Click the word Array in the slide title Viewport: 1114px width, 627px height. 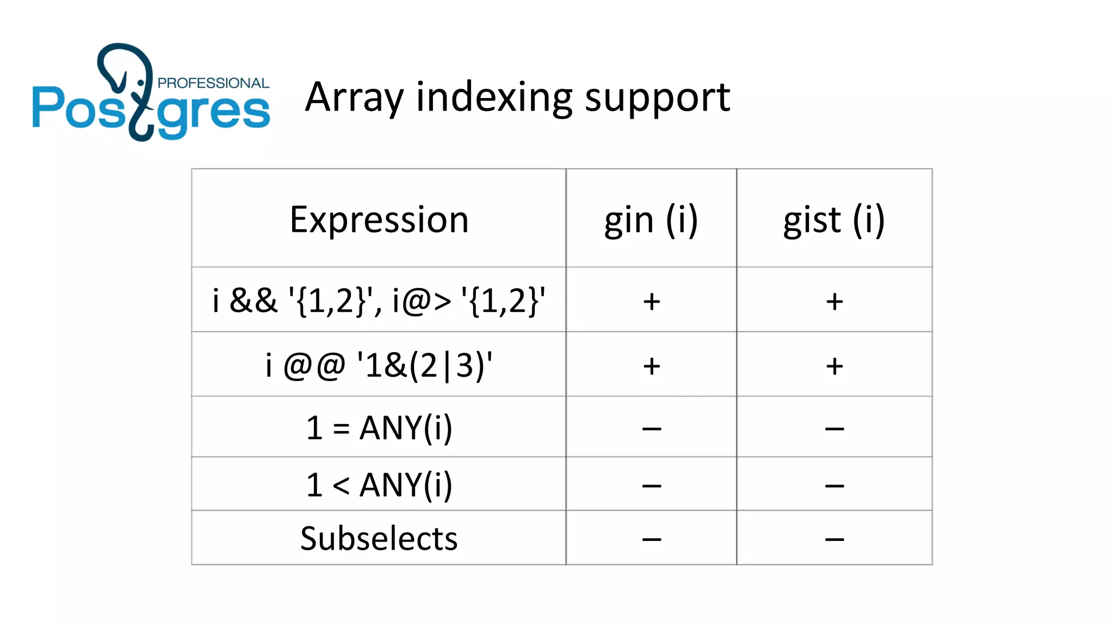[354, 98]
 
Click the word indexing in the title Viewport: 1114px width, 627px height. [493, 98]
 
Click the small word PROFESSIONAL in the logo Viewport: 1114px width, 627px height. [213, 83]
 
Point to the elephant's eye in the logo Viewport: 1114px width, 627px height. [141, 83]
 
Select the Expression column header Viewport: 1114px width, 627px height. [379, 219]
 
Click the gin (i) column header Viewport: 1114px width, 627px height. [651, 220]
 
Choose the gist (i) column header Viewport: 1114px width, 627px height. [834, 220]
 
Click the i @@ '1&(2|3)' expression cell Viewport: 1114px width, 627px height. [379, 365]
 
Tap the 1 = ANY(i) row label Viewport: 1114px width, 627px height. [379, 428]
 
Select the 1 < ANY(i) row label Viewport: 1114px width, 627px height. [379, 484]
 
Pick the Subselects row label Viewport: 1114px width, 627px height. [379, 539]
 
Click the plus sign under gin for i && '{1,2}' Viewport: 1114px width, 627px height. [652, 302]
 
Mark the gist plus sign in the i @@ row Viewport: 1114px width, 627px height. [834, 366]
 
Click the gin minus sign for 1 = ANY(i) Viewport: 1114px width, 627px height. [652, 429]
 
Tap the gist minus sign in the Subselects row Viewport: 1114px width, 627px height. [834, 539]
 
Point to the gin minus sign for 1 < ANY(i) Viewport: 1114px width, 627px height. [652, 485]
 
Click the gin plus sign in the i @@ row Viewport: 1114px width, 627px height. [652, 366]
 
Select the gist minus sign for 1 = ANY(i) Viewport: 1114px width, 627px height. [834, 429]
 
